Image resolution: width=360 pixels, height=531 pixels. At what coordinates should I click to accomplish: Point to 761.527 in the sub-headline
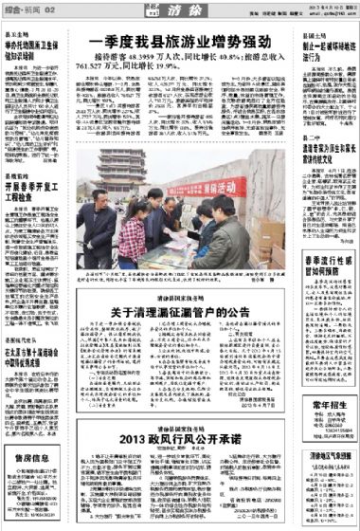coord(106,68)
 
